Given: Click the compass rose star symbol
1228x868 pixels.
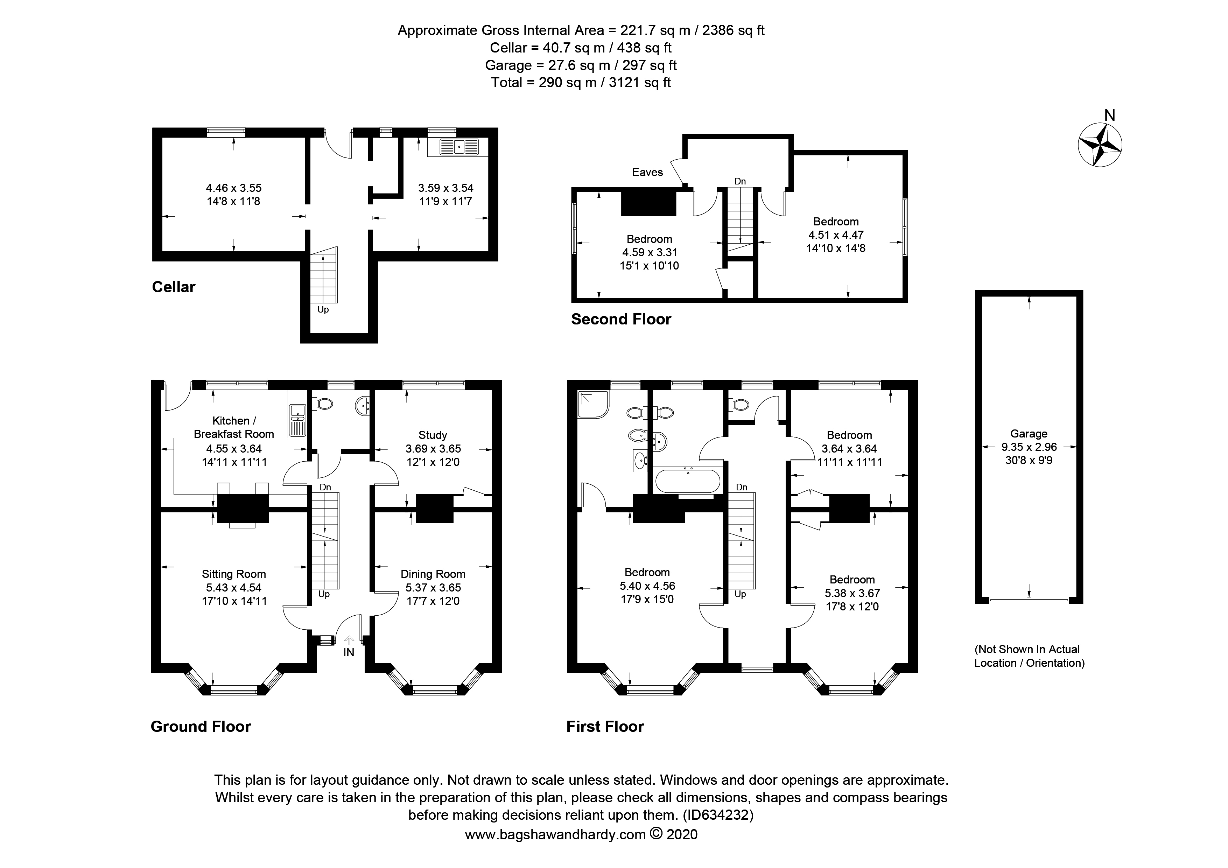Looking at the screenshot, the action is click(1100, 145).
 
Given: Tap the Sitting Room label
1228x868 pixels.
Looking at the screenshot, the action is click(234, 574).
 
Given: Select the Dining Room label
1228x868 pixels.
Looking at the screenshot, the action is click(433, 574).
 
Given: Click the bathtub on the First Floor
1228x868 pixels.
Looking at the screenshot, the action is click(689, 481).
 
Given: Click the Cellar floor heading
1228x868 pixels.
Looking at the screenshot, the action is click(174, 287).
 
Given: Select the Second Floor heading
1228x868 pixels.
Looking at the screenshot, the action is click(621, 319).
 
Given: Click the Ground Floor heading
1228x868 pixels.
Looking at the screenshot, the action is click(201, 726).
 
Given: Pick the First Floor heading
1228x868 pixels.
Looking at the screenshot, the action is click(605, 726).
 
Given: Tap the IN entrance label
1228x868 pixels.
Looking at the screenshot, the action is click(349, 652).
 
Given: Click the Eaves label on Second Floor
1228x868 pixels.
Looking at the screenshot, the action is click(647, 172).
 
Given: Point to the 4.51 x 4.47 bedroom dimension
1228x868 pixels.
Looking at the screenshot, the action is click(836, 235).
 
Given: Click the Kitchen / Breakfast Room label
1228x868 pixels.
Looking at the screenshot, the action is click(234, 427).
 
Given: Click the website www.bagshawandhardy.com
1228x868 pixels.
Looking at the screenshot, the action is click(555, 835).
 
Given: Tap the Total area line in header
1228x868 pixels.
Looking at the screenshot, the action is click(581, 82).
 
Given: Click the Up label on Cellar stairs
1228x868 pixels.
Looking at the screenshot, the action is click(323, 310).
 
